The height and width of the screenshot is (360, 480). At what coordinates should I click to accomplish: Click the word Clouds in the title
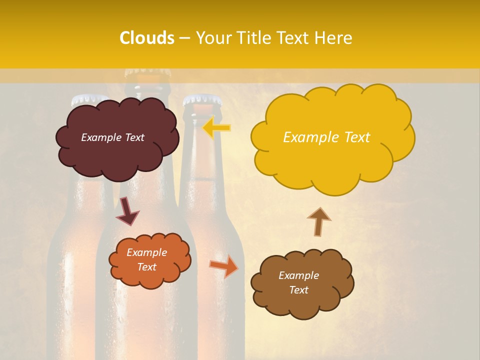(x=147, y=38)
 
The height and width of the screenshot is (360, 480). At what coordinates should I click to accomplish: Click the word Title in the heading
(x=253, y=38)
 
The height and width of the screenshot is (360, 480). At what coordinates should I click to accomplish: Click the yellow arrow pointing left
(x=217, y=128)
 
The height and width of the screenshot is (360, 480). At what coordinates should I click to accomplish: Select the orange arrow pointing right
(x=224, y=266)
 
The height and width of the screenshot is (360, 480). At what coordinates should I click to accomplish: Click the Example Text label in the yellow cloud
(x=326, y=137)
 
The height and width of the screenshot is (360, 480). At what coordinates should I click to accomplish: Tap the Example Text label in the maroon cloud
(x=112, y=137)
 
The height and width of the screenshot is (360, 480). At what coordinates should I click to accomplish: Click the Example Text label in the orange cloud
(x=147, y=260)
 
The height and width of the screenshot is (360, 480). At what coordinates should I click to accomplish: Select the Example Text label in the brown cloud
(x=298, y=282)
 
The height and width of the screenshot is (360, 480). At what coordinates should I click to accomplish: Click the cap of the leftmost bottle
(x=89, y=99)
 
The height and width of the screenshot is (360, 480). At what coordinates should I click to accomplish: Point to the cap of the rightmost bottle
(x=202, y=99)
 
